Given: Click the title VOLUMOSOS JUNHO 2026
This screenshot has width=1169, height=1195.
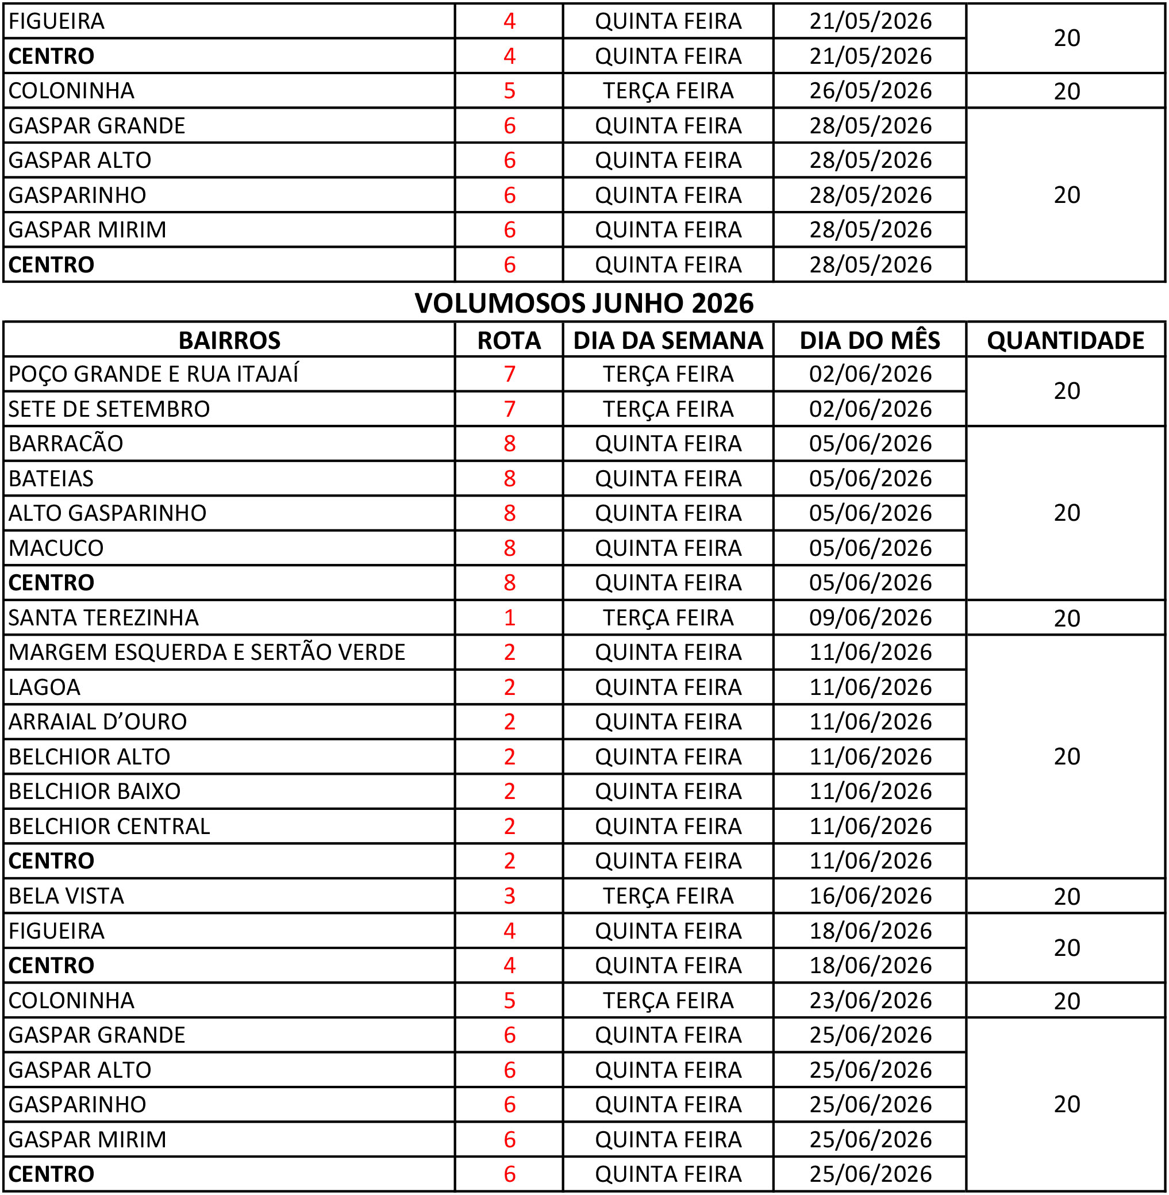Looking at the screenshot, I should point(583,303).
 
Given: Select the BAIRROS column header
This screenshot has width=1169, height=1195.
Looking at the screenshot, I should point(229,340).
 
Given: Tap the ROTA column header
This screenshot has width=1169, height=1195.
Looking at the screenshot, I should point(509,340).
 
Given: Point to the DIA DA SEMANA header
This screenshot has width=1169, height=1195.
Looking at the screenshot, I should point(667,340).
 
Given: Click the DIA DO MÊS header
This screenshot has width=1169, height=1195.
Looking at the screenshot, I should point(870,340).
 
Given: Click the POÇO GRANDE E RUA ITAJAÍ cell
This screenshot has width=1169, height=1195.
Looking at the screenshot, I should point(153,374).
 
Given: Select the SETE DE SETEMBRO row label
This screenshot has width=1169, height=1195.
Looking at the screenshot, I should point(109,409).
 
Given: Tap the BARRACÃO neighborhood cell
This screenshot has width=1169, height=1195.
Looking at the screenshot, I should point(66,443).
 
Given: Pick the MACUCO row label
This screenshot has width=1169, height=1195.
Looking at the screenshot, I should point(56,548).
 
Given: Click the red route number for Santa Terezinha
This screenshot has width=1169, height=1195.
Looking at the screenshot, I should point(509,617).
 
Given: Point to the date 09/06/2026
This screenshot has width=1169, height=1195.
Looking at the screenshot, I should point(870,617).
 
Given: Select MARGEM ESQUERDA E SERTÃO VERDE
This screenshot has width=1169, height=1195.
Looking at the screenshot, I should point(207,652).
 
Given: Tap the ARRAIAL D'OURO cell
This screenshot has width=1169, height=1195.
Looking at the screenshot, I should point(98,721).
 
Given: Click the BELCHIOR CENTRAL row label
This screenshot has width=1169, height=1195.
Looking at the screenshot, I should point(109,826).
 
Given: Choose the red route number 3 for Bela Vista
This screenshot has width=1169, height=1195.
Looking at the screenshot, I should point(509,896).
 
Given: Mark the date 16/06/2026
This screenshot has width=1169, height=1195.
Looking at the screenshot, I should point(870,896).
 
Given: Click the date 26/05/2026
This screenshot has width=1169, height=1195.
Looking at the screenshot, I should point(870,91).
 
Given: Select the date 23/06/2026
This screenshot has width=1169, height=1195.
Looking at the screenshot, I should point(870,1000).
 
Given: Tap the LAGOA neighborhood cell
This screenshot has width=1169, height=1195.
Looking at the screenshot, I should point(44,687).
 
